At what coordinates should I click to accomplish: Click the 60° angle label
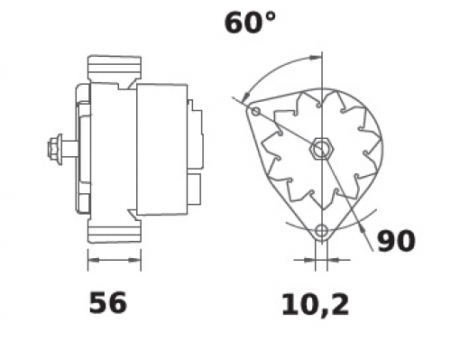pyautogui.click(x=250, y=23)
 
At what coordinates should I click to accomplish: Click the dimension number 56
pyautogui.click(x=108, y=302)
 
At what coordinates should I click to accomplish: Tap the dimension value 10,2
pyautogui.click(x=315, y=305)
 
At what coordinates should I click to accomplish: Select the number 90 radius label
pyautogui.click(x=396, y=241)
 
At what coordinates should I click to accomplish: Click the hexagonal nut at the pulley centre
pyautogui.click(x=321, y=149)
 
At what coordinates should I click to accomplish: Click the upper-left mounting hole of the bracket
pyautogui.click(x=255, y=111)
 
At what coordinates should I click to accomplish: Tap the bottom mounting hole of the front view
pyautogui.click(x=321, y=231)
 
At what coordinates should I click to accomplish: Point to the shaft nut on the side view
pyautogui.click(x=54, y=149)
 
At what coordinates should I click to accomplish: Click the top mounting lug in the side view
pyautogui.click(x=115, y=68)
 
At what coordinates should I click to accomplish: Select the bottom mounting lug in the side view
pyautogui.click(x=115, y=231)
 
